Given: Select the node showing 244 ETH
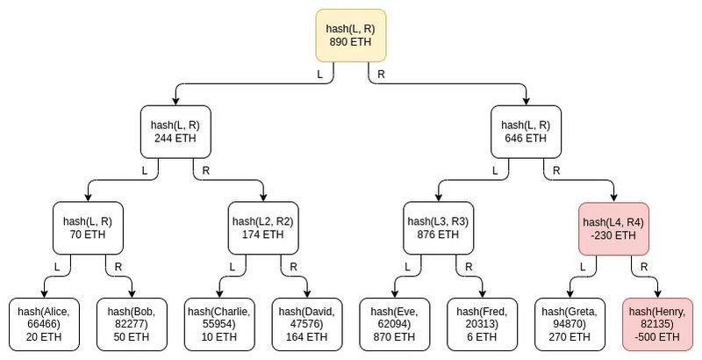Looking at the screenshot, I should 175,132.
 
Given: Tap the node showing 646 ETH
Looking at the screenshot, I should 526,132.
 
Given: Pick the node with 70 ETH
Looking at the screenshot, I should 88,228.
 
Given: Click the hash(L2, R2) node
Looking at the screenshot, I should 262,228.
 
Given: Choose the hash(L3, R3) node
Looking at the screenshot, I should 438,228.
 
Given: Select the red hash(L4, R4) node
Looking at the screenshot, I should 613,228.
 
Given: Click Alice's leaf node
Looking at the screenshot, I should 44,323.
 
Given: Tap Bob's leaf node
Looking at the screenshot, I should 132,323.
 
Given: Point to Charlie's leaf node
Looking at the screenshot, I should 219,323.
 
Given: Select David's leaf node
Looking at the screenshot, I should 307,323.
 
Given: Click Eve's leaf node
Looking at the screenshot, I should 395,323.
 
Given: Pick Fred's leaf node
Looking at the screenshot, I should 482,323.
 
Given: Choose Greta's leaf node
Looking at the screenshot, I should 570,323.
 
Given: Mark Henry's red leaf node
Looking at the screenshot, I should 657,323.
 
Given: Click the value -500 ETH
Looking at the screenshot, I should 657,336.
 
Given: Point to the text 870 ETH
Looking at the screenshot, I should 395,336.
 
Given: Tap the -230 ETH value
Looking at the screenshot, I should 613,235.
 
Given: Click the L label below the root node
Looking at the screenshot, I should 320,75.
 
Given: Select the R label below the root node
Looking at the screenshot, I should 380,75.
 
